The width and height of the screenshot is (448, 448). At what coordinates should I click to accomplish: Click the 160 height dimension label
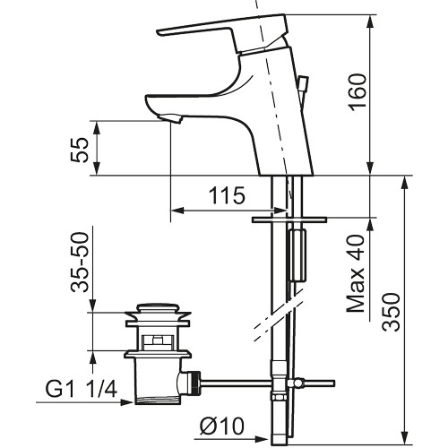(x=358, y=91)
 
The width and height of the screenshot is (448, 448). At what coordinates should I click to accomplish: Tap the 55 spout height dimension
(x=80, y=150)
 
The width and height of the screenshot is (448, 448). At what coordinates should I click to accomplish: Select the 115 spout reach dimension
(x=227, y=195)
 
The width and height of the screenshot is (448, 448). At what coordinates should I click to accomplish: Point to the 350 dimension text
(x=392, y=312)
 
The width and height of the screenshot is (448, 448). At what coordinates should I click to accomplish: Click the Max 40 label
(x=356, y=274)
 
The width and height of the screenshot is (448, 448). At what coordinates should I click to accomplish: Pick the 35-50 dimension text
(x=80, y=262)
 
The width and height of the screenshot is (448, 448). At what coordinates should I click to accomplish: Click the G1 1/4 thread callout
(x=81, y=389)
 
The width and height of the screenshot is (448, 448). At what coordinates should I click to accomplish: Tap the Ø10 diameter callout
(x=222, y=426)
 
